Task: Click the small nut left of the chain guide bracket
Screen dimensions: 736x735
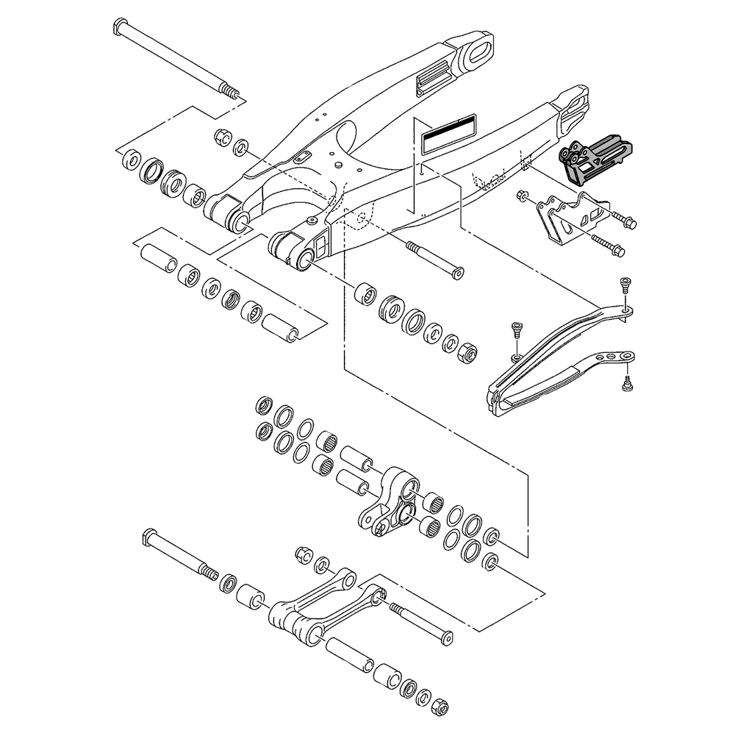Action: [522, 196]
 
